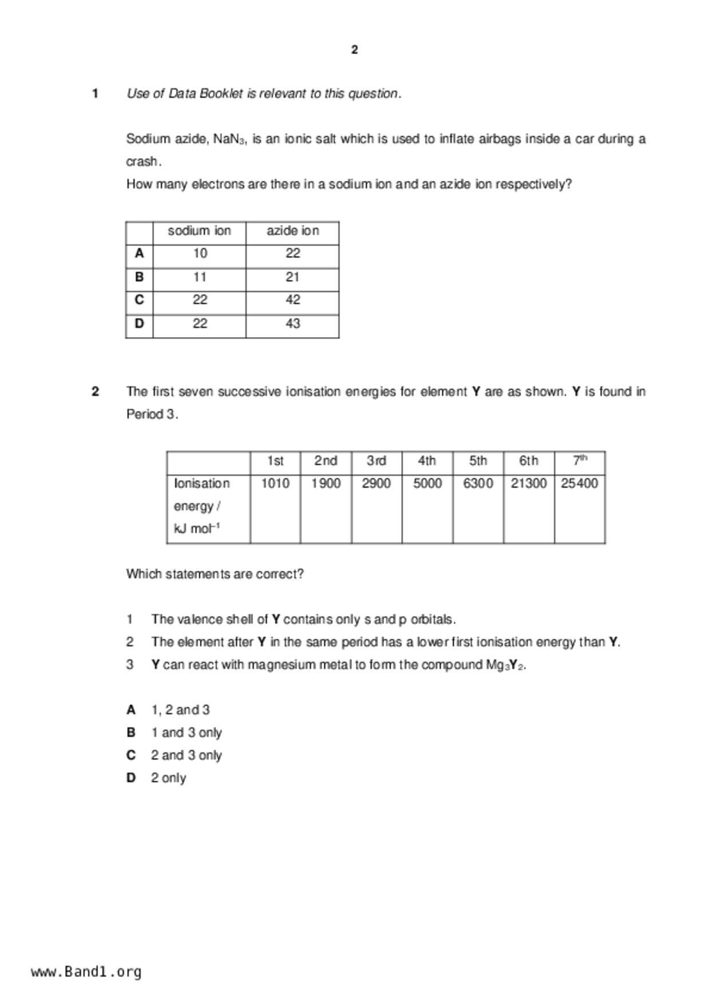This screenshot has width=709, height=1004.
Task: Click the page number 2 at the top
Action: pos(354,50)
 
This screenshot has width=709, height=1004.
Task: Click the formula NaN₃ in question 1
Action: pos(229,139)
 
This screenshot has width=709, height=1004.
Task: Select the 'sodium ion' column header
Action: pos(199,231)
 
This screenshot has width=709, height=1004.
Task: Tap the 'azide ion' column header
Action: pos(292,231)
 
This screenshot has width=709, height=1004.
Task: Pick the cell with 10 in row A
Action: pos(200,254)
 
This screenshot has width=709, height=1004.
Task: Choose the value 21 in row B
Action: pos(292,277)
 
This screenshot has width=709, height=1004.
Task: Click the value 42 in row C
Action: pos(292,300)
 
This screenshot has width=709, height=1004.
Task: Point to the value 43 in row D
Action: pos(292,323)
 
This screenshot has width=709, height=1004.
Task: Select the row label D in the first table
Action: pos(139,323)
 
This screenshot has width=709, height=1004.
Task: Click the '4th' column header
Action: pos(427,461)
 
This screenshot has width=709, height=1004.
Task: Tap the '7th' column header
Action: pos(580,460)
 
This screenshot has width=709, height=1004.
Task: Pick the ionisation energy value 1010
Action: pos(275,484)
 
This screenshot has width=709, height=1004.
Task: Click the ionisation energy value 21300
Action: pos(529,484)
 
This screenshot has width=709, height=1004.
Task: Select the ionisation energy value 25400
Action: pos(580,484)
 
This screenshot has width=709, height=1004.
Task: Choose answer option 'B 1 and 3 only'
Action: pos(175,733)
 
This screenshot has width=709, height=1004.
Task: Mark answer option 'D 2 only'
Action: pos(157,778)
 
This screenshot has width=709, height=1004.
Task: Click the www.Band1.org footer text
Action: pos(86,972)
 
